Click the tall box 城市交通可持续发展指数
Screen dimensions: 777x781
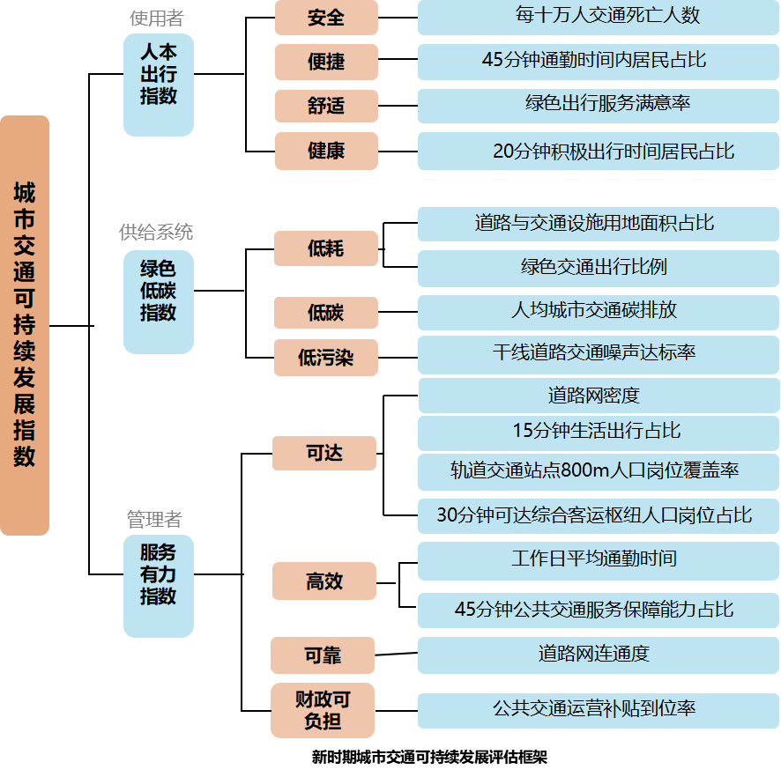25,325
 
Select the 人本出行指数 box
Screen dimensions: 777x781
159,85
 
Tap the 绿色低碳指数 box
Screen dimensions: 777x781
159,301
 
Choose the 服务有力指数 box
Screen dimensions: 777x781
159,585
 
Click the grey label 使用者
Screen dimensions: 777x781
156,18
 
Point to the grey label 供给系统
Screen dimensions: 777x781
156,233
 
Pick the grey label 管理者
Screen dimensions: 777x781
154,520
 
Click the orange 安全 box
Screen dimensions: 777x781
326,18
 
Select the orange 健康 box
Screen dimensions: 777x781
326,151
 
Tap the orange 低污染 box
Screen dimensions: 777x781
325,358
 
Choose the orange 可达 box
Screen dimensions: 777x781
324,453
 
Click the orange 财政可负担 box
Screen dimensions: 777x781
323,710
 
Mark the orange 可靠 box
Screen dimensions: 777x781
323,655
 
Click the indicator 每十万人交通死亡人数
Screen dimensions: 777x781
598,17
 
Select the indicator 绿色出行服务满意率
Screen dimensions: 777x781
598,105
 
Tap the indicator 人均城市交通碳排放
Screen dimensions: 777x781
598,312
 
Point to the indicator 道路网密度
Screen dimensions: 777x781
598,396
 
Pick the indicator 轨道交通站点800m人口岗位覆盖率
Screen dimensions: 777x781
598,471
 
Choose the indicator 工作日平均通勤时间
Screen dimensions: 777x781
598,560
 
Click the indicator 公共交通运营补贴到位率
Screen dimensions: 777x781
598,710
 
